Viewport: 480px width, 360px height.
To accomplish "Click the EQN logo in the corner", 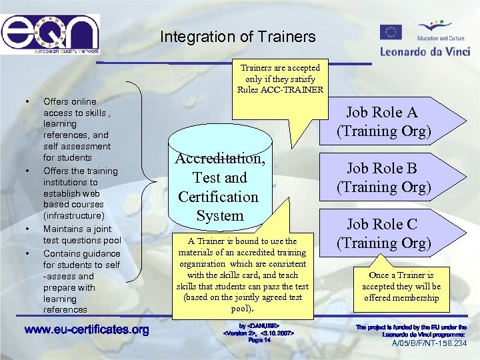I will click(50, 33).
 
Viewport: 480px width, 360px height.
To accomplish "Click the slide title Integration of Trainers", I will click(237, 37).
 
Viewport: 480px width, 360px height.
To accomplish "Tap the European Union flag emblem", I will click(391, 32).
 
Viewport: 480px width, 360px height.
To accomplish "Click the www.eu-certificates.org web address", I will click(86, 330).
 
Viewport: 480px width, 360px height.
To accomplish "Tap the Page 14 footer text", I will click(259, 340).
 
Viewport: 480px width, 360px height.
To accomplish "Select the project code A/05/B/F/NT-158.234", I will click(429, 343).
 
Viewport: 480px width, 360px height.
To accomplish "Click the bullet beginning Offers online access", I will click(77, 129).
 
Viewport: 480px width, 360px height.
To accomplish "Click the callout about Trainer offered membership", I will click(401, 286).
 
